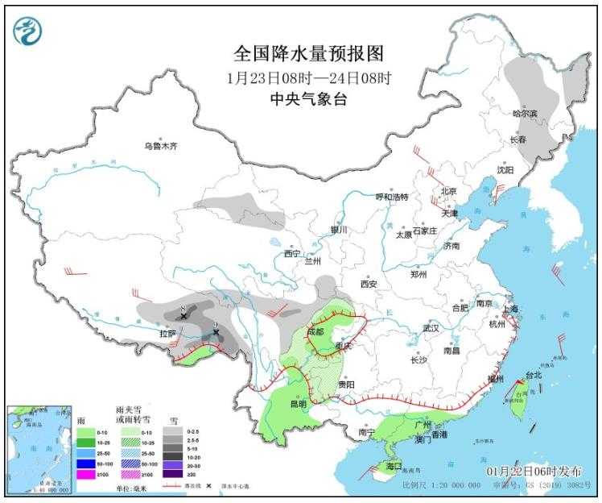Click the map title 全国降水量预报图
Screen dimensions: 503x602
(x=308, y=53)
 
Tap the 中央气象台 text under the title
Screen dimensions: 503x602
(x=308, y=100)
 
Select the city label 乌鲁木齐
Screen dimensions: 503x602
(x=159, y=147)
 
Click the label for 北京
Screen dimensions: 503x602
(x=447, y=191)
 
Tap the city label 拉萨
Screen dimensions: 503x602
(x=167, y=333)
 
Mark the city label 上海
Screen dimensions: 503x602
(x=509, y=309)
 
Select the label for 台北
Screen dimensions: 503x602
(x=534, y=375)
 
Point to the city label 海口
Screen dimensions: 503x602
(x=393, y=467)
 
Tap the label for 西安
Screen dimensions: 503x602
(x=369, y=284)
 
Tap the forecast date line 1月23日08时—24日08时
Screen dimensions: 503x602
(x=308, y=78)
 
